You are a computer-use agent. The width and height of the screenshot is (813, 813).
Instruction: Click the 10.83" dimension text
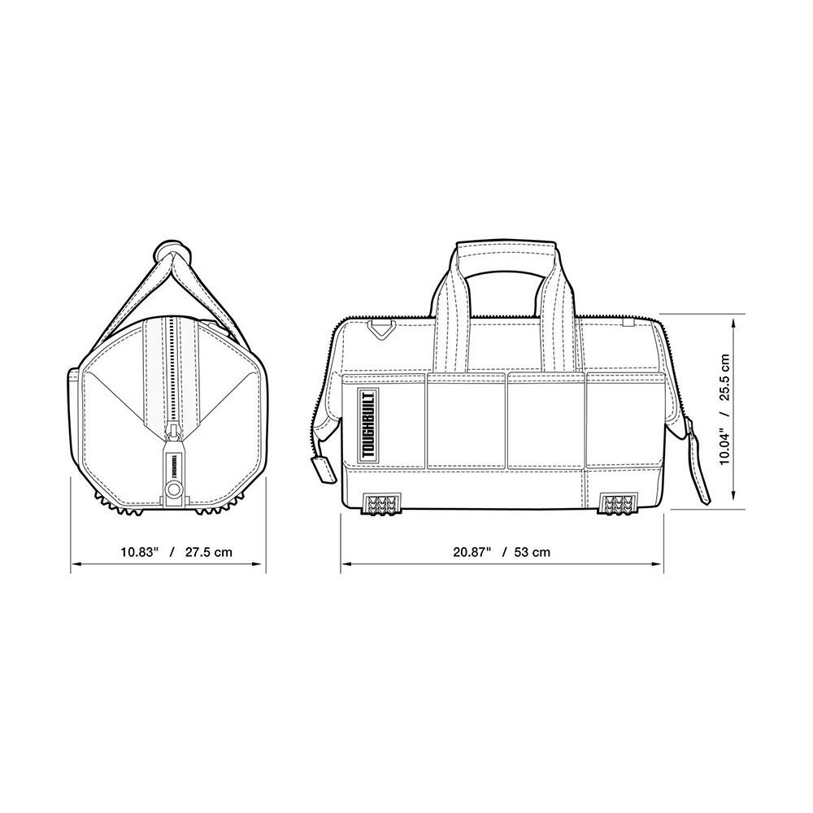coord(139,552)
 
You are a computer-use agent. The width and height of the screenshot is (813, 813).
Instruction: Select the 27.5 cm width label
coord(209,552)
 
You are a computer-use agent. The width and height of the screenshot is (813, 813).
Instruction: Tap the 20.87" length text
coord(472,552)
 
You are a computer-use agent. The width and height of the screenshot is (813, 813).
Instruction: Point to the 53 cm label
coord(533,552)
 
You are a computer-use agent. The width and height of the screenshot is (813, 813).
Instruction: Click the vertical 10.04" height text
coord(725,445)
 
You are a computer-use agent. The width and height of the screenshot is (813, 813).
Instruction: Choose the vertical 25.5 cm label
coord(725,377)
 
